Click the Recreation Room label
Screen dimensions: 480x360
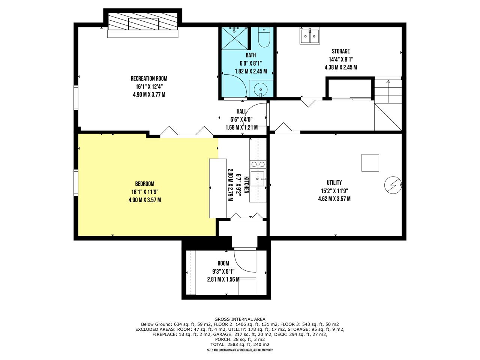tap(149, 78)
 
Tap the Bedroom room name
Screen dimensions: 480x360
tap(144, 184)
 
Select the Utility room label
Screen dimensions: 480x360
tap(334, 183)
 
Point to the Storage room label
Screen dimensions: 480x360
tap(341, 51)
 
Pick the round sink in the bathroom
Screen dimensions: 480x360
tap(261, 89)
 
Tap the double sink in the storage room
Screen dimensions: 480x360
tap(310, 36)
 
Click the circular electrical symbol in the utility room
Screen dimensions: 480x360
tap(393, 185)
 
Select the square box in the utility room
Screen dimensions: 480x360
tap(370, 163)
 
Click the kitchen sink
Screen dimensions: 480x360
tap(258, 179)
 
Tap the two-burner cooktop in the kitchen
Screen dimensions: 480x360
tap(258, 164)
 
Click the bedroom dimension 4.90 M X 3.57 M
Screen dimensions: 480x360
tap(144, 200)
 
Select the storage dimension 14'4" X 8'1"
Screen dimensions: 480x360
tap(341, 59)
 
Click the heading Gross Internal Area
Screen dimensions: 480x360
tap(240, 319)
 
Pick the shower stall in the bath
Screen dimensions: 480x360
tap(234, 38)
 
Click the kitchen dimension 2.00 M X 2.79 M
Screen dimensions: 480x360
tap(230, 185)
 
